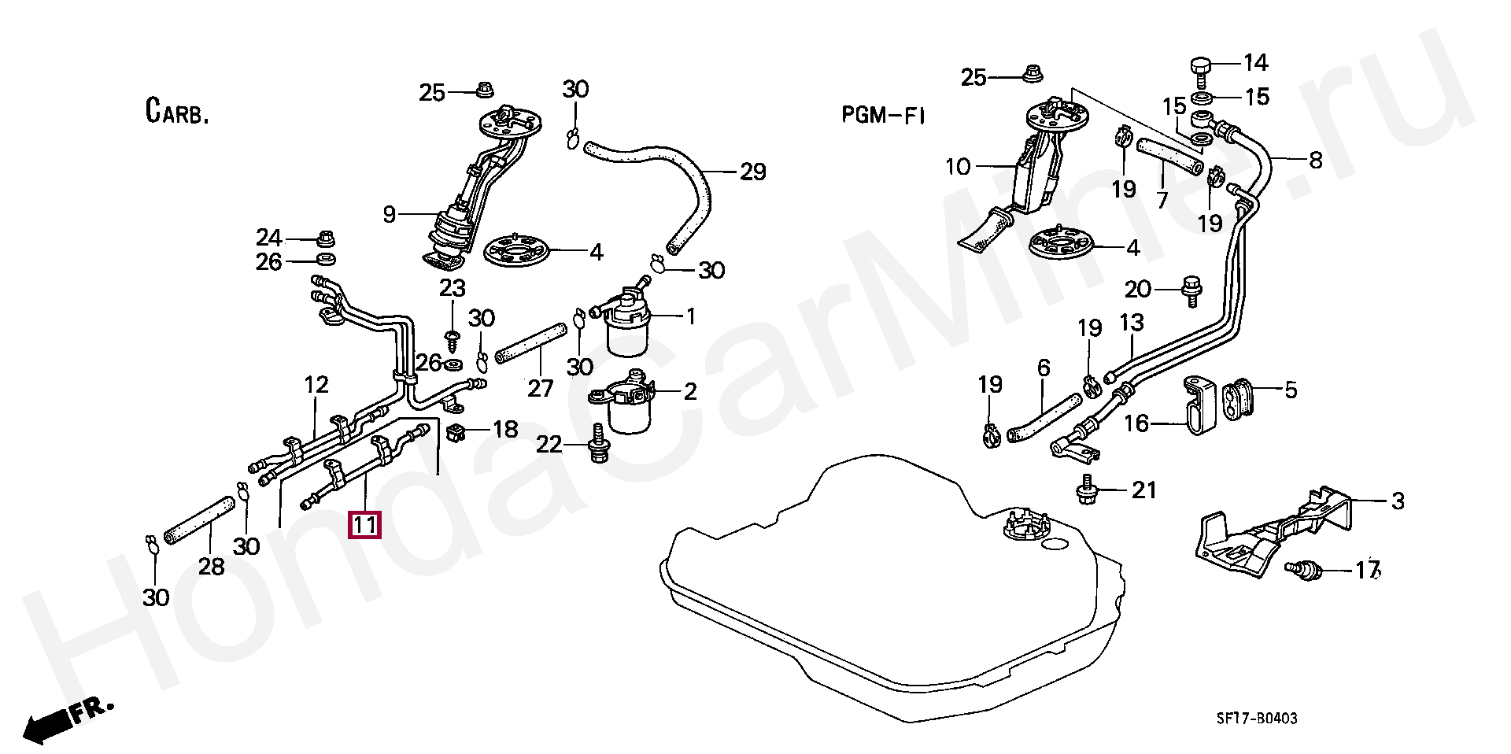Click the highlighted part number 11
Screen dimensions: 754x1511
coord(364,524)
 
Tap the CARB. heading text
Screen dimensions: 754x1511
coord(177,111)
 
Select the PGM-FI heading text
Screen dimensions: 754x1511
coord(883,116)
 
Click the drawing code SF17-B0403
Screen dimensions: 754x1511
coord(1257,718)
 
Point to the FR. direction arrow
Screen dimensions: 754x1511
coord(67,719)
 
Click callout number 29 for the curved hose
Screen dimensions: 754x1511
coord(752,172)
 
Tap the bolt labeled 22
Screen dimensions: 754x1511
coord(599,445)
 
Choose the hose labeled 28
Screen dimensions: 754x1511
coord(199,522)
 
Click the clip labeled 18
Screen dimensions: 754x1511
coord(456,431)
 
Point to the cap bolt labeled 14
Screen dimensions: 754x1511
coord(1200,68)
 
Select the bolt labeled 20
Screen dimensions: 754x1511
coord(1191,290)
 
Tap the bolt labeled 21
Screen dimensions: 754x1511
coord(1088,489)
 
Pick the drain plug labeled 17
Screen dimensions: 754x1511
coord(1302,568)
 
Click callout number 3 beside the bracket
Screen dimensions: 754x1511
coord(1398,501)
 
